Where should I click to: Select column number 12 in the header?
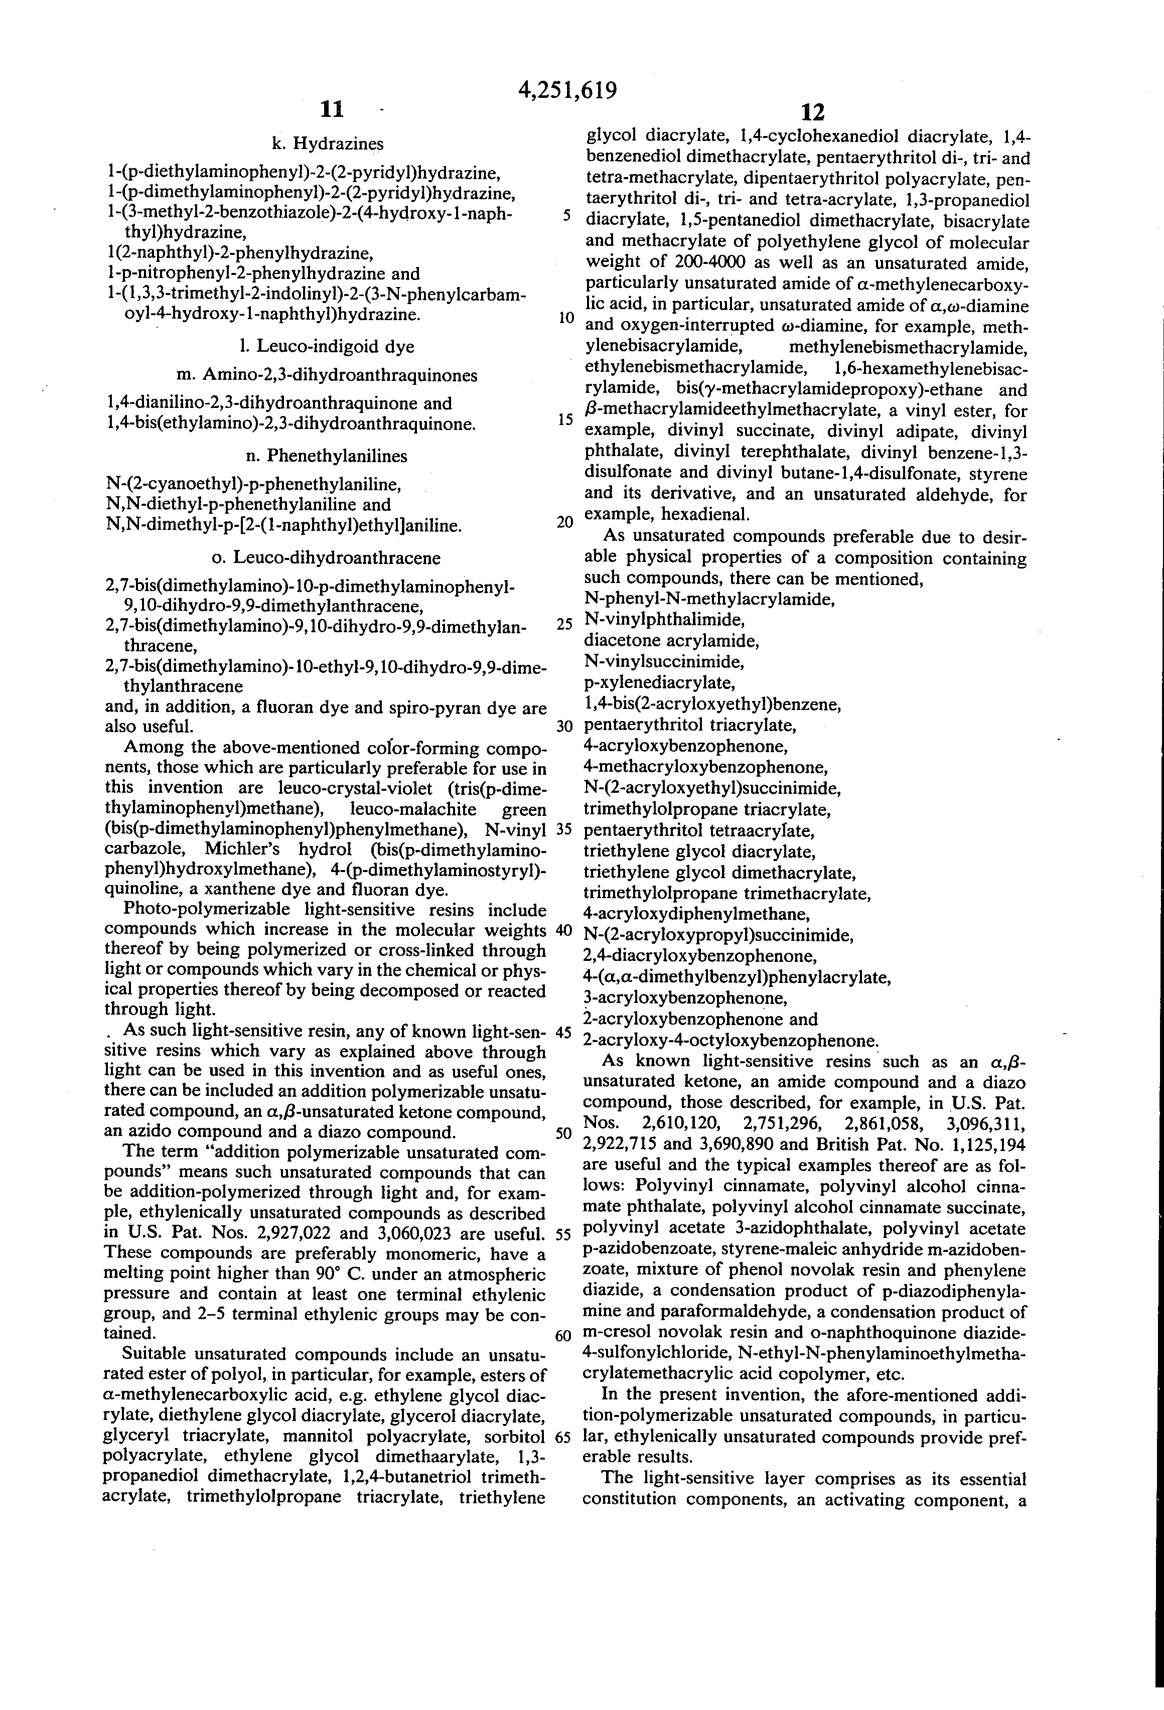coord(812,112)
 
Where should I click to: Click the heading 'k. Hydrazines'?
coord(328,144)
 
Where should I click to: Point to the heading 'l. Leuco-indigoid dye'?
coord(328,347)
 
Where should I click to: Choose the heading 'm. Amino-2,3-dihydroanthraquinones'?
coord(328,375)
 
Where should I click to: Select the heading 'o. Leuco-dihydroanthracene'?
coord(326,558)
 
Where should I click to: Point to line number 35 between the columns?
coord(564,828)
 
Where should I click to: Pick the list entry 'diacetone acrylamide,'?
coord(671,641)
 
